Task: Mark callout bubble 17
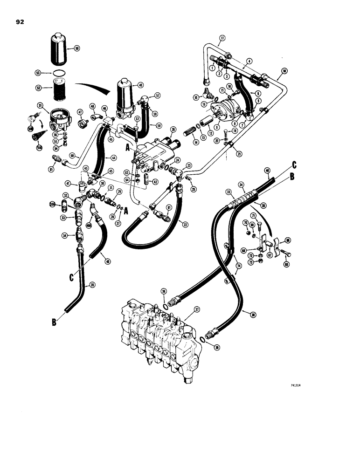(x=222, y=38)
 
